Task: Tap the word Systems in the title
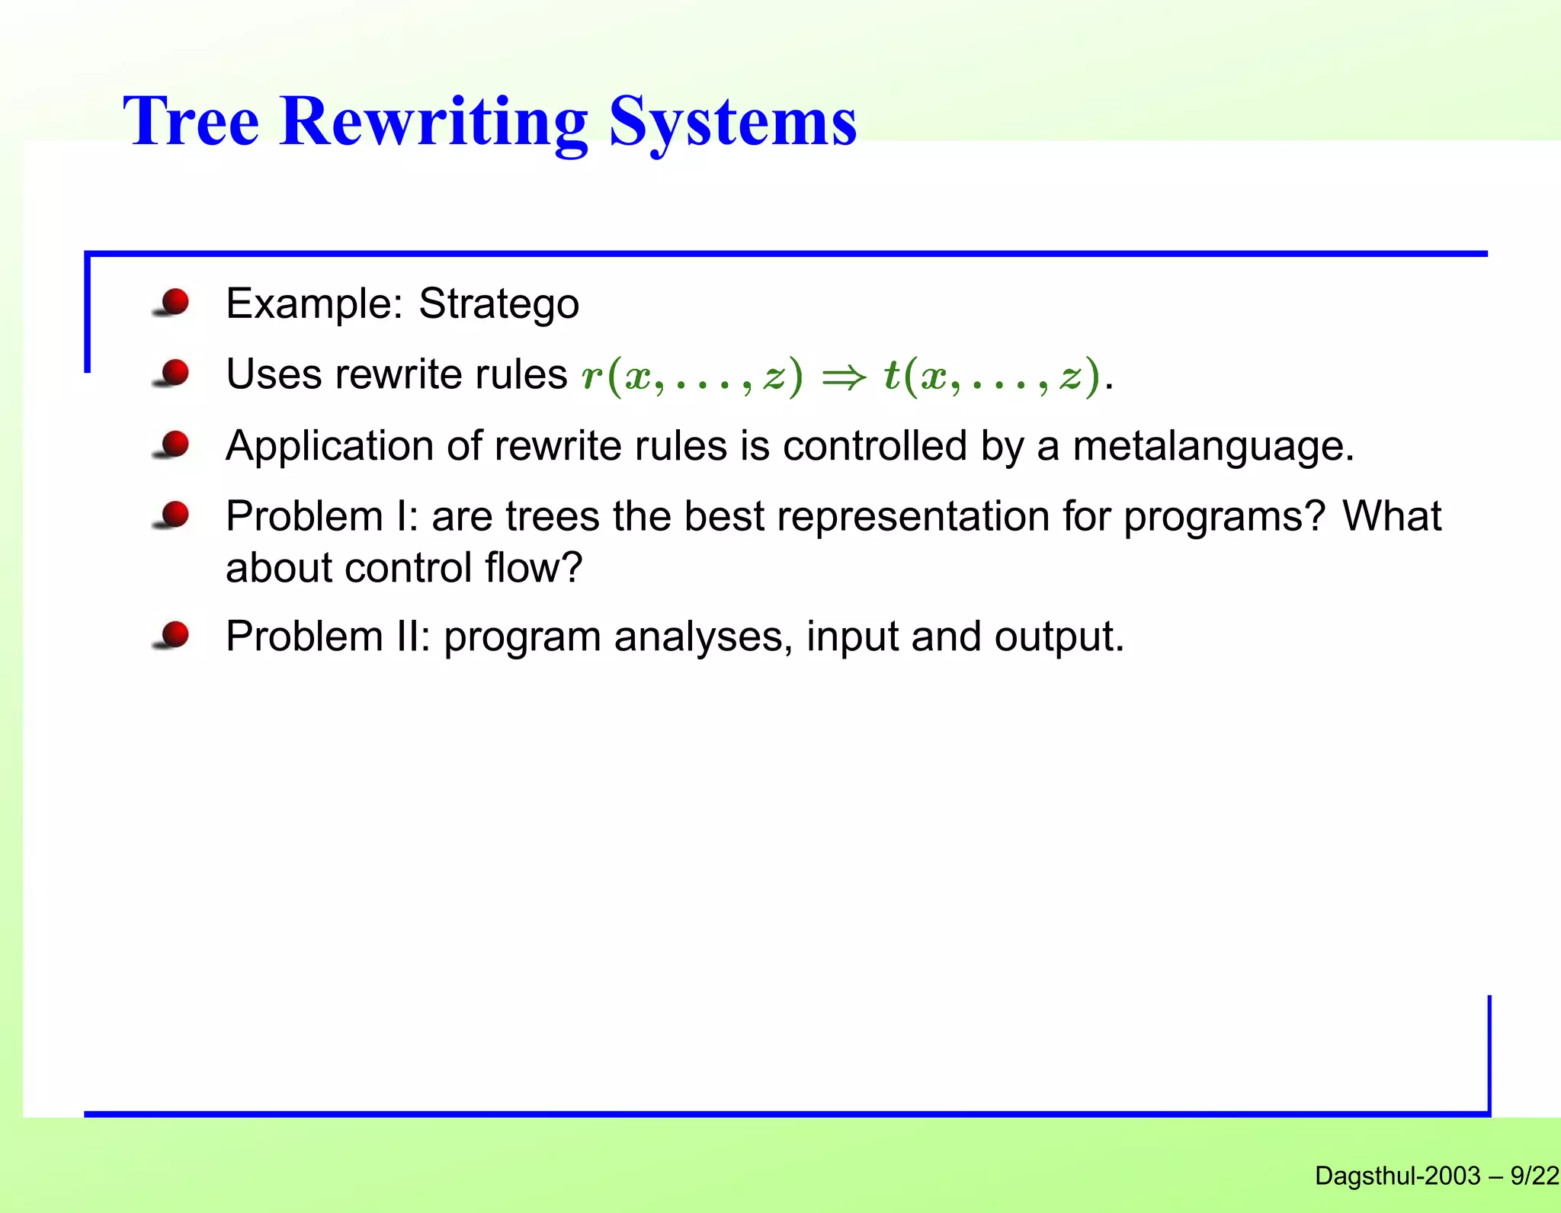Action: [x=732, y=124]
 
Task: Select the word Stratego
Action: [x=498, y=304]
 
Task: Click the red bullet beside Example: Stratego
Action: [x=175, y=302]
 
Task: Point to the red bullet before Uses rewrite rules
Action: [x=175, y=373]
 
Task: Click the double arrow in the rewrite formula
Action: [x=844, y=377]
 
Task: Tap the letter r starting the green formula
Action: [x=591, y=377]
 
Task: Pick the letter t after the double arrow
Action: [x=891, y=375]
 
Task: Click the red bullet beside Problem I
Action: [x=175, y=515]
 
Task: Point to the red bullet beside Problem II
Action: [x=175, y=634]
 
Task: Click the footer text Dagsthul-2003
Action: [x=1397, y=1176]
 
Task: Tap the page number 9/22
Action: [x=1534, y=1176]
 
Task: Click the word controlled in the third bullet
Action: [x=874, y=446]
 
